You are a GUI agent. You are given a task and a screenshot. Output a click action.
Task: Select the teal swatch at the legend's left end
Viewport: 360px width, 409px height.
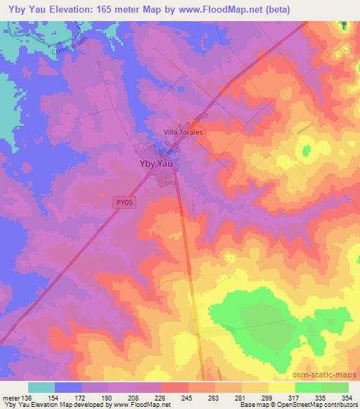pyautogui.click(x=41, y=388)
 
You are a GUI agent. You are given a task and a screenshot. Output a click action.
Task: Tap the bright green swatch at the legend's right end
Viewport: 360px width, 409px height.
pyautogui.click(x=335, y=388)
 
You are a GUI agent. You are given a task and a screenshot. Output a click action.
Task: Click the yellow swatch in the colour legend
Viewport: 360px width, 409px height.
pyautogui.click(x=281, y=388)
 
